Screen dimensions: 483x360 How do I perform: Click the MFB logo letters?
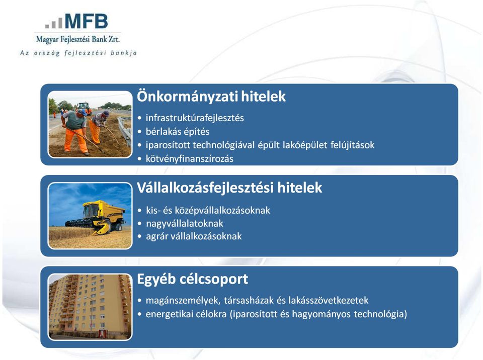tap(87, 21)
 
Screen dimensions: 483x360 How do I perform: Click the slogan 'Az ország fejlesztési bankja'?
tap(78, 53)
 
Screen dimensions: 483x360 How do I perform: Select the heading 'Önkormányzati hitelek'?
tap(211, 96)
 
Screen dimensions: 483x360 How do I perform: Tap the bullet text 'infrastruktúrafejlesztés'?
tap(195, 118)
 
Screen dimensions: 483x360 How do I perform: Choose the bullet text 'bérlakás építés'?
tap(178, 132)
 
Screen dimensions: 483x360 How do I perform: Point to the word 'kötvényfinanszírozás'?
tap(190, 158)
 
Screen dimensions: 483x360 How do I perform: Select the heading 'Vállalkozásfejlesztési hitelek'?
tap(229, 187)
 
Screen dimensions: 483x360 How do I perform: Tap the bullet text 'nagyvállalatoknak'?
tap(185, 223)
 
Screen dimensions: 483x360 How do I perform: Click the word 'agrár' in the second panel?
tap(156, 236)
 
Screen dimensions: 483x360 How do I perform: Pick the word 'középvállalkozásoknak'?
tap(222, 210)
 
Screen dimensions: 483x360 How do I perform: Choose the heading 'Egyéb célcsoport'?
tap(193, 279)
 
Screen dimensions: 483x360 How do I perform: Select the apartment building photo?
tap(90, 307)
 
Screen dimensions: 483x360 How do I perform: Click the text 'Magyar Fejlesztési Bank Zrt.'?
tap(77, 39)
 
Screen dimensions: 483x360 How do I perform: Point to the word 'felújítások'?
tap(352, 145)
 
